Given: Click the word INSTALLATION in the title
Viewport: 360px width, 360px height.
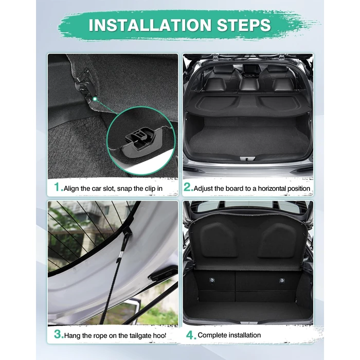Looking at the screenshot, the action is click(x=150, y=25).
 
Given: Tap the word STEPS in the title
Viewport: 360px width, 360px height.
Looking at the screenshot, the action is click(x=244, y=25).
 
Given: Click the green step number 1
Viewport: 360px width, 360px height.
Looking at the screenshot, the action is click(x=58, y=187).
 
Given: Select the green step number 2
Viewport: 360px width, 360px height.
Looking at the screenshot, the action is click(x=188, y=187).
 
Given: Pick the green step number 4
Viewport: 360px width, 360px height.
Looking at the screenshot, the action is click(x=191, y=335).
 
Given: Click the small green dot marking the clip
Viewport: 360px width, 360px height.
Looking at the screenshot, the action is click(x=95, y=99).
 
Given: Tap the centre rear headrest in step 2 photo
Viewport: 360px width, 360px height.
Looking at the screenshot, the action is click(x=249, y=84).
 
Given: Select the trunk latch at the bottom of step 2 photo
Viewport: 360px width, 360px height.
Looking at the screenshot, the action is click(x=247, y=158).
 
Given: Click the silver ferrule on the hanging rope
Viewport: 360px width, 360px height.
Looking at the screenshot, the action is click(x=121, y=255).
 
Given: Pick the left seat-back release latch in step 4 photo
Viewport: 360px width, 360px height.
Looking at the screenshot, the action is click(x=212, y=280).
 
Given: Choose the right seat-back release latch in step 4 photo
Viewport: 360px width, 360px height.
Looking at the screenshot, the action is click(x=282, y=280).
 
